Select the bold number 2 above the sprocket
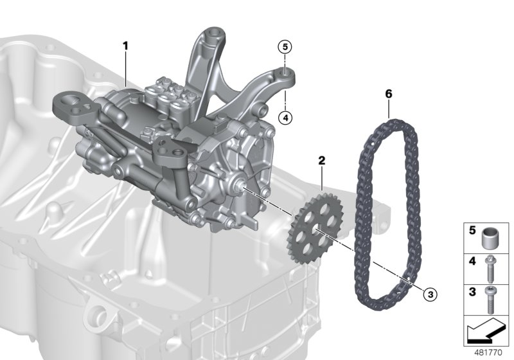pyautogui.click(x=322, y=157)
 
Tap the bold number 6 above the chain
pyautogui.click(x=388, y=94)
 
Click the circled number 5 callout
pyautogui.click(x=285, y=46)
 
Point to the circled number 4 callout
pyautogui.click(x=285, y=117)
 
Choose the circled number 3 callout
pyautogui.click(x=430, y=294)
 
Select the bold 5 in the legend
pyautogui.click(x=471, y=230)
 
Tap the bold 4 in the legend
pyautogui.click(x=471, y=261)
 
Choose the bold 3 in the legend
pyautogui.click(x=471, y=292)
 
